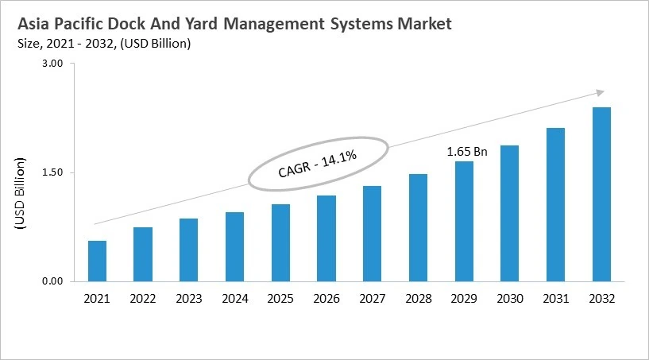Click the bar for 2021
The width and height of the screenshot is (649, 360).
tap(97, 261)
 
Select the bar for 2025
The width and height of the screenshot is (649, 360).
tap(280, 242)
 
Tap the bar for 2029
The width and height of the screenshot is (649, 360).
tap(464, 221)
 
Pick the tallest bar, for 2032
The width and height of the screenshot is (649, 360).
tap(601, 194)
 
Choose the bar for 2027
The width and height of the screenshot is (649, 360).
tap(373, 233)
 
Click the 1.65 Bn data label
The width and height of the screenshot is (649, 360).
tap(466, 150)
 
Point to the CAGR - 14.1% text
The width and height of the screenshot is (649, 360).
tap(318, 165)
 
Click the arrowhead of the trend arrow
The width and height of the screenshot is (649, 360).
tap(601, 92)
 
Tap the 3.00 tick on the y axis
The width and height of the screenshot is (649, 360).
tap(52, 64)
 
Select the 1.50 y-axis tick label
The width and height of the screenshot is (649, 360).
tap(52, 172)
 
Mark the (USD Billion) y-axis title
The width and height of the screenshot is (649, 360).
tap(21, 195)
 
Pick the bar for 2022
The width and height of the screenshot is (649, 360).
tap(143, 254)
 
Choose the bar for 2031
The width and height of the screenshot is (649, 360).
tap(555, 204)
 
